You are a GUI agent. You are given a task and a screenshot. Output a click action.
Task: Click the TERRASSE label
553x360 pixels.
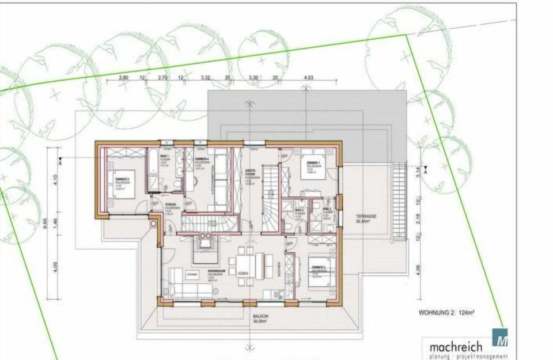point(366,217)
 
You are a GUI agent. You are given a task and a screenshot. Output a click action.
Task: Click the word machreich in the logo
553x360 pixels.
point(456,347)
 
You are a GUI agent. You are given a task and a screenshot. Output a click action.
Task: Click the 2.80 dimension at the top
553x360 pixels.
point(123,77)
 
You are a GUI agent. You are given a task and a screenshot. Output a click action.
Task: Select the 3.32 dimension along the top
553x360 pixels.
point(206,77)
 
